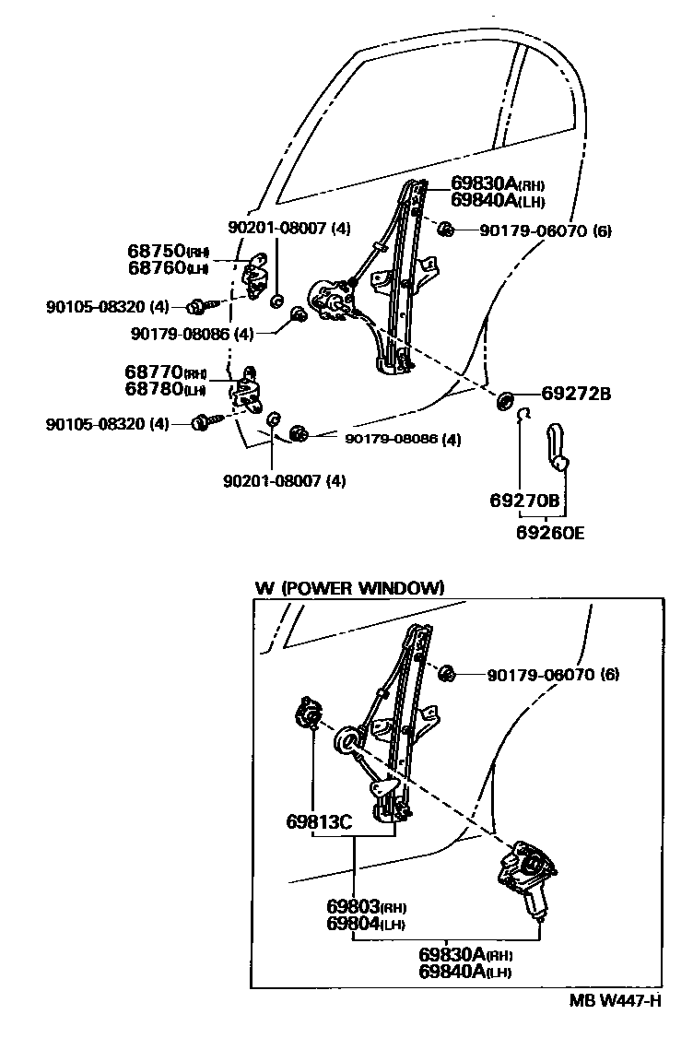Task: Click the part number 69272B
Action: point(577,394)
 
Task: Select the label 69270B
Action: point(524,501)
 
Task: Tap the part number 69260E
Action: point(550,534)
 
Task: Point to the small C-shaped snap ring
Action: point(522,416)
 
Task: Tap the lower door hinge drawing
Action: point(249,389)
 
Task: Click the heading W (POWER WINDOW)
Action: point(350,587)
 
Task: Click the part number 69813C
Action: point(318,820)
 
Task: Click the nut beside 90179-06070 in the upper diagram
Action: point(443,230)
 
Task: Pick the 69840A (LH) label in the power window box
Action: point(465,972)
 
